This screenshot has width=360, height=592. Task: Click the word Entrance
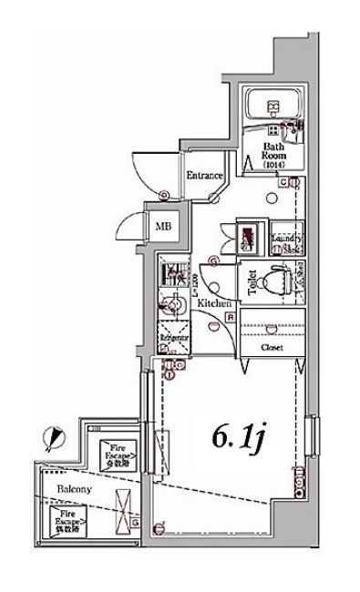click(x=205, y=175)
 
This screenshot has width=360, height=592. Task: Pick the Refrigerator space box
click(x=173, y=336)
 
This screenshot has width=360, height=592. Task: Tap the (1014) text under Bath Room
click(x=274, y=165)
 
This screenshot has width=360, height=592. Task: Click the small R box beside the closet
click(x=231, y=317)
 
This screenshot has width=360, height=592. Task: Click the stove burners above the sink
click(x=170, y=271)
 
